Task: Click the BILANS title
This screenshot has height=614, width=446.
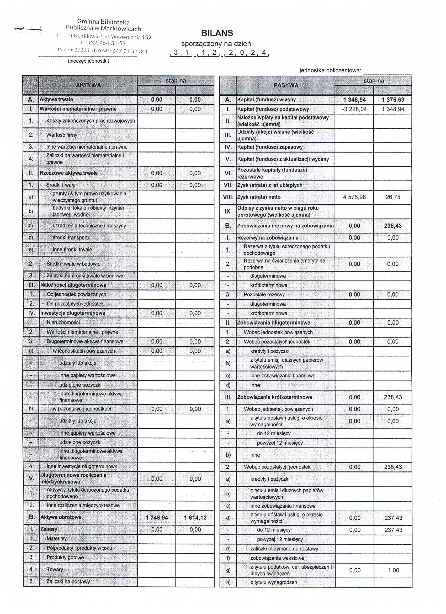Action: point(217,33)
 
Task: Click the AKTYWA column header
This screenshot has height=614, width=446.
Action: point(88,85)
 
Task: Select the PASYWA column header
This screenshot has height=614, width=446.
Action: point(286,86)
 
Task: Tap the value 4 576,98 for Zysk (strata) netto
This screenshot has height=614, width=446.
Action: point(354,197)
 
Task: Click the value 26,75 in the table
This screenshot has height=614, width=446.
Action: point(393,197)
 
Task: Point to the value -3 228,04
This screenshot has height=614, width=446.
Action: point(354,109)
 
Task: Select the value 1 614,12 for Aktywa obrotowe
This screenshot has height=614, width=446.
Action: point(195,518)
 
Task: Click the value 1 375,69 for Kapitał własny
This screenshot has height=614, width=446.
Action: point(393,100)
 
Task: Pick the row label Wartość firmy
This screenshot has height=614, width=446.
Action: point(62,135)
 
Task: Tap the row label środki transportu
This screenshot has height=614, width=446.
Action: point(71,238)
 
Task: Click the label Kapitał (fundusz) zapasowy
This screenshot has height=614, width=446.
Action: point(270,147)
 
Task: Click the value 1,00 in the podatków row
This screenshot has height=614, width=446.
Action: point(393,570)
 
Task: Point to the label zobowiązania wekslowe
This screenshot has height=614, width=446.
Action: point(277,558)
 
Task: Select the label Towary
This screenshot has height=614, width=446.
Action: point(55,570)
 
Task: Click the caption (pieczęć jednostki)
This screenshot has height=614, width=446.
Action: point(88,61)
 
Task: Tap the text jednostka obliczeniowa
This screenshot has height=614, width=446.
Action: point(330,70)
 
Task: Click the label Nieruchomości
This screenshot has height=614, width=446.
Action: point(63,323)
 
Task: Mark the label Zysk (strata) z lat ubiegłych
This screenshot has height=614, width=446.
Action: point(270,185)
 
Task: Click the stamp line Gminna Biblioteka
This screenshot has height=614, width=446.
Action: point(103,22)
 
